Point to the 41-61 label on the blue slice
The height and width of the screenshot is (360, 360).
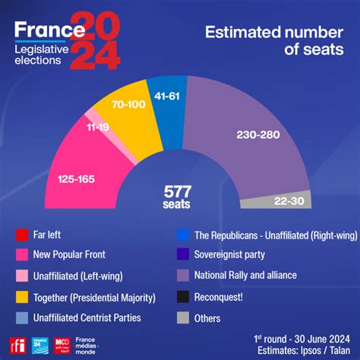coord(166,97)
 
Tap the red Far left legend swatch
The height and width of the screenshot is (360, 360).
coord(21,234)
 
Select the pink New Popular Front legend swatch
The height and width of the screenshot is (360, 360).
coord(21,255)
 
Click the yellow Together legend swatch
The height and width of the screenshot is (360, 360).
coord(21,297)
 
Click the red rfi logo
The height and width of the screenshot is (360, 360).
coord(17,343)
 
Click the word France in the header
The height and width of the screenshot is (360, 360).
coord(49,30)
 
